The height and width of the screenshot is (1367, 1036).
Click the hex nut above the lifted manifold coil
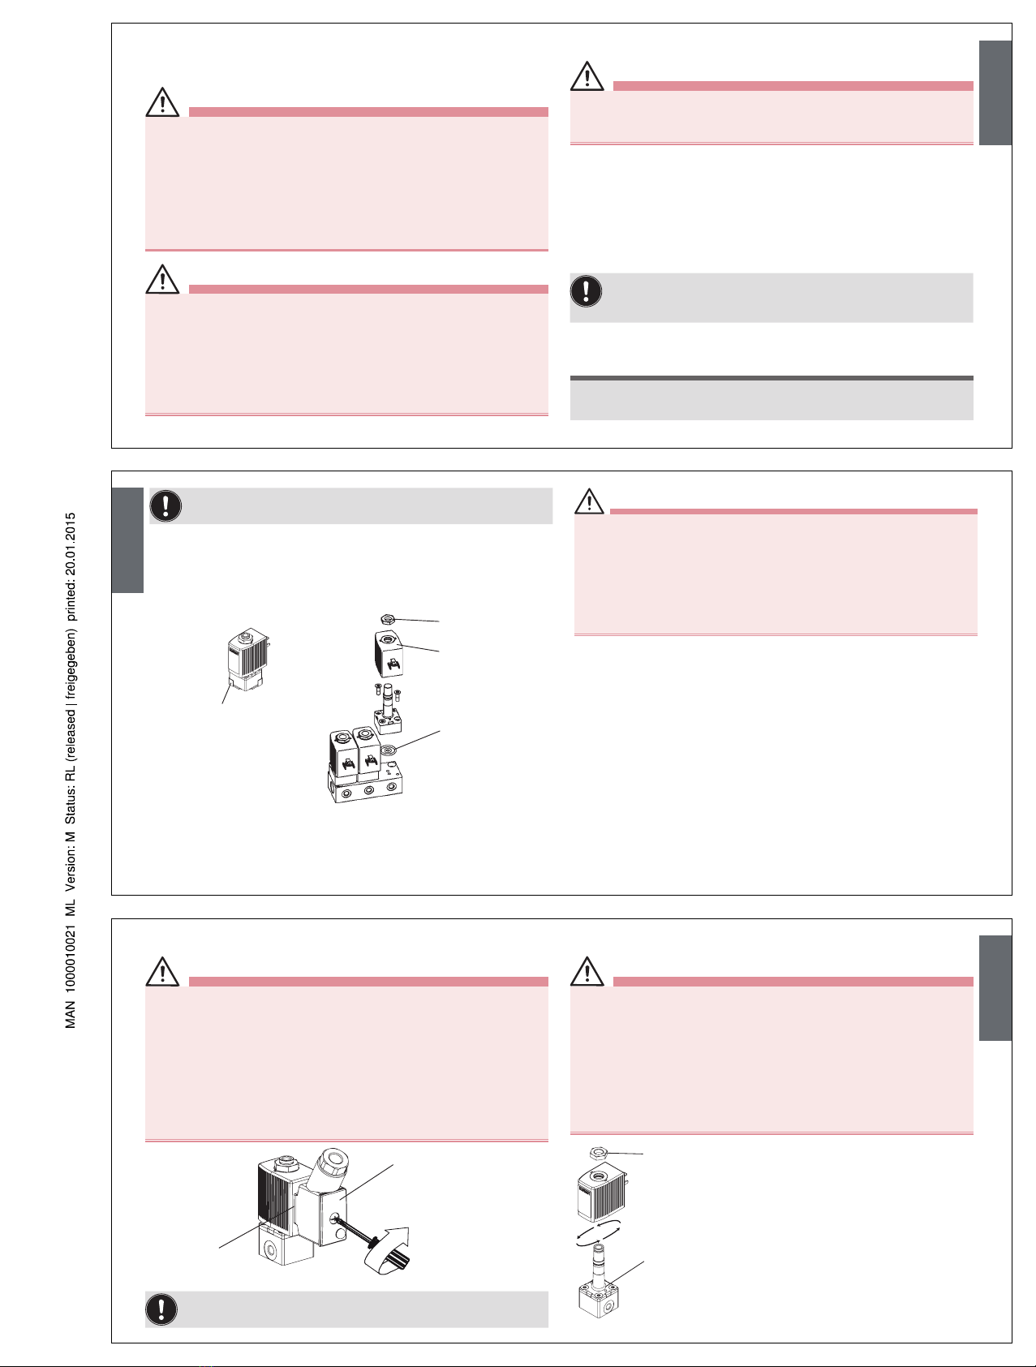[x=388, y=620]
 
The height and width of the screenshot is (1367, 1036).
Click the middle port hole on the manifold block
[x=368, y=790]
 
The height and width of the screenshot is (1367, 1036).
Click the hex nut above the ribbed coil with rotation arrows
[x=601, y=1153]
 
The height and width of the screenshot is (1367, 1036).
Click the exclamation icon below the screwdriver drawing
[x=162, y=1309]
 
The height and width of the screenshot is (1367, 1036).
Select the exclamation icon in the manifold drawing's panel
[x=166, y=505]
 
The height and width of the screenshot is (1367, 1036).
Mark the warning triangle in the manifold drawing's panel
[x=590, y=501]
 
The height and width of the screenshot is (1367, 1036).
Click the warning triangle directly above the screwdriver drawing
[x=163, y=971]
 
